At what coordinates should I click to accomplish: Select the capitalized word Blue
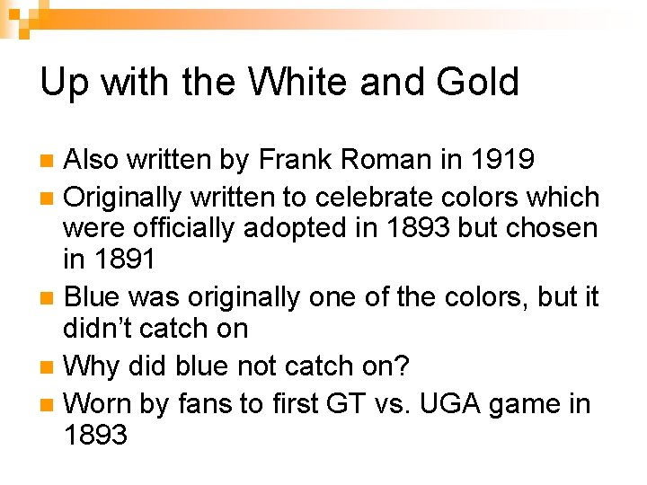(x=95, y=295)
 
